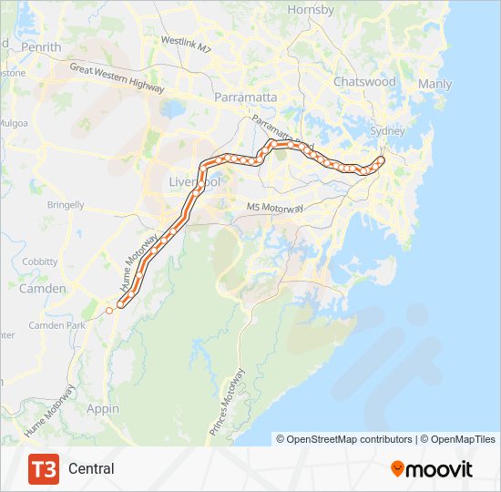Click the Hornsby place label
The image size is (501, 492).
[312, 9]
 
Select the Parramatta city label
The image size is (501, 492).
[239, 96]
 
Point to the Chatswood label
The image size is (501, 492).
[364, 81]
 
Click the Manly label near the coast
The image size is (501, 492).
[435, 84]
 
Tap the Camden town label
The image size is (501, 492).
[43, 289]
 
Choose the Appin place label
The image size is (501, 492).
[102, 409]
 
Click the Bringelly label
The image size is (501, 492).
[65, 206]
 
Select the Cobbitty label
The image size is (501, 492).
[39, 261]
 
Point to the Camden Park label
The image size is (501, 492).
[56, 325]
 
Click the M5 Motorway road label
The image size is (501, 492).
[275, 208]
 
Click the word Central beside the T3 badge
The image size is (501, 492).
[91, 468]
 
